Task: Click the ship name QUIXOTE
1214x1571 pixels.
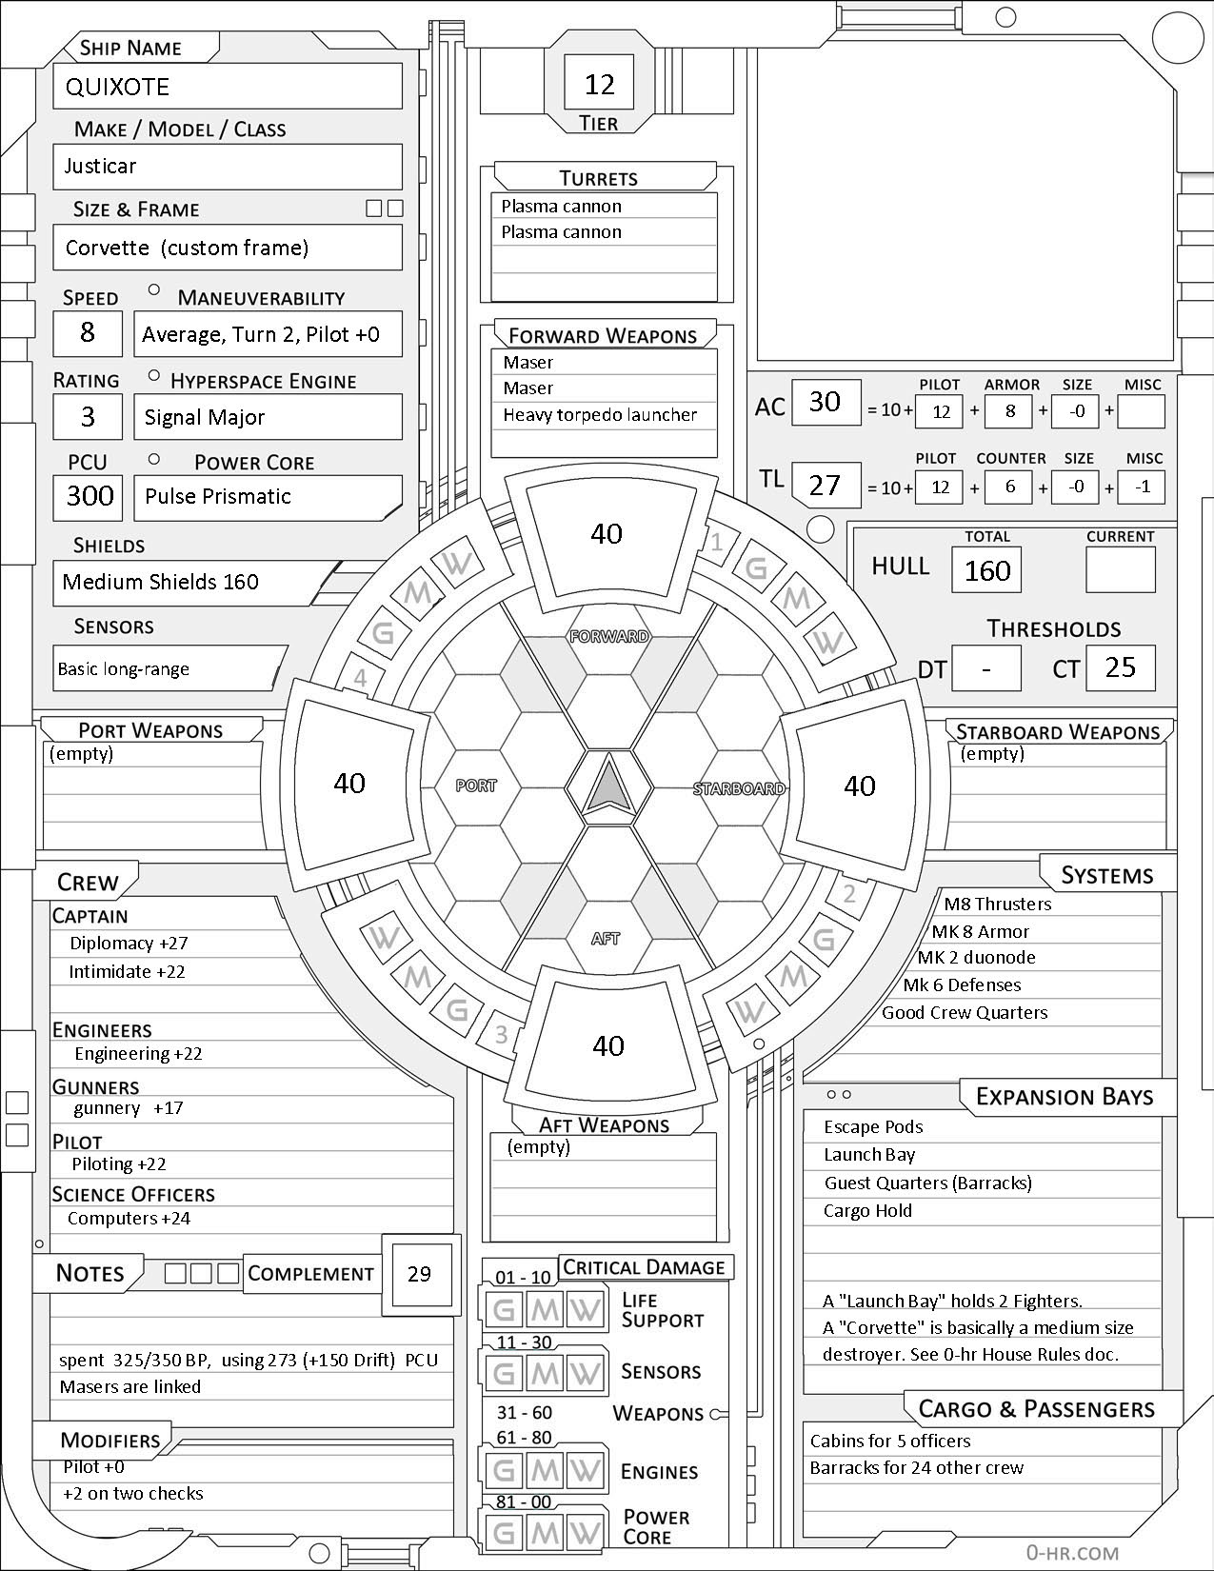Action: click(x=117, y=87)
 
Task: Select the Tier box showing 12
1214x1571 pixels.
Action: click(x=600, y=84)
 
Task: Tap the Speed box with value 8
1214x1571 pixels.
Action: click(x=88, y=332)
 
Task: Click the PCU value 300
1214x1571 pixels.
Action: click(x=90, y=496)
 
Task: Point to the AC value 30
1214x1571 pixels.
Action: click(x=825, y=401)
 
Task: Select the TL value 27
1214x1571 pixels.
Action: click(x=825, y=486)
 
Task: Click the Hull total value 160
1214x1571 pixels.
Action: click(x=986, y=570)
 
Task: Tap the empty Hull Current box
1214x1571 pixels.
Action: click(x=1121, y=570)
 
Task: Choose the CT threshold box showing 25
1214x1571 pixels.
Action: click(x=1120, y=667)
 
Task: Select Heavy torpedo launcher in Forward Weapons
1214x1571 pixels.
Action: click(x=600, y=415)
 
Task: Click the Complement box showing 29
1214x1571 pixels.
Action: click(x=419, y=1274)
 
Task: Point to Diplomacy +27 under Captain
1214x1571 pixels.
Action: click(x=129, y=944)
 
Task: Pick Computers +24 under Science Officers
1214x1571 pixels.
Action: click(x=129, y=1219)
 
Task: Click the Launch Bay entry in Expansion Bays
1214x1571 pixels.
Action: click(x=869, y=1155)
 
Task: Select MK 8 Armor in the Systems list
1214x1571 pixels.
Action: click(x=980, y=932)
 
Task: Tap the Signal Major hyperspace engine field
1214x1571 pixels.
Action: click(x=205, y=417)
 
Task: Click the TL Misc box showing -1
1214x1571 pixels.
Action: click(x=1143, y=487)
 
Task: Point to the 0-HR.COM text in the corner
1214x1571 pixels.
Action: click(x=1072, y=1553)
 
